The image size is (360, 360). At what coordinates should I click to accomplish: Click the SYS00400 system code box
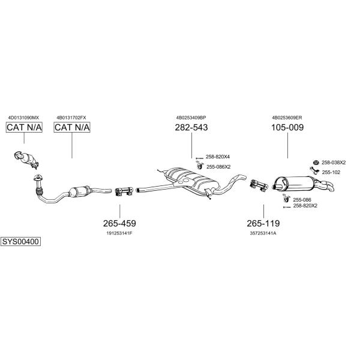pyautogui.click(x=20, y=242)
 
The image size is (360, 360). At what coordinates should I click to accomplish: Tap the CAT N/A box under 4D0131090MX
pyautogui.click(x=24, y=127)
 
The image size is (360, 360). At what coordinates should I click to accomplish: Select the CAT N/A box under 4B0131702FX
pyautogui.click(x=72, y=127)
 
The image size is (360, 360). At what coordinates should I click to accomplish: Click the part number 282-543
pyautogui.click(x=191, y=127)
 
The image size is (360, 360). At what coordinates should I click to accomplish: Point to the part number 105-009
pyautogui.click(x=287, y=127)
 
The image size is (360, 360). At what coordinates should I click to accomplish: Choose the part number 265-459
pyautogui.click(x=119, y=223)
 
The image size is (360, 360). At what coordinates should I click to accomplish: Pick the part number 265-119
pyautogui.click(x=263, y=223)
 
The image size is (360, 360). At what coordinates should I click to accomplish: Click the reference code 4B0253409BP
pyautogui.click(x=191, y=118)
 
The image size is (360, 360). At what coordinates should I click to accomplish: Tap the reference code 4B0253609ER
pyautogui.click(x=287, y=118)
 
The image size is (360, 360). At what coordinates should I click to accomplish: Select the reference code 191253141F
pyautogui.click(x=119, y=233)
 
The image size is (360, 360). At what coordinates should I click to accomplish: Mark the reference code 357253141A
pyautogui.click(x=263, y=233)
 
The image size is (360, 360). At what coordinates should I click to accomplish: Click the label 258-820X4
pyautogui.click(x=218, y=157)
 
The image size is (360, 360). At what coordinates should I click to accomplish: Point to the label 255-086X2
pyautogui.click(x=218, y=167)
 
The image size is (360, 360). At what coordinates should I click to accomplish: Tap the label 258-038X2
pyautogui.click(x=334, y=163)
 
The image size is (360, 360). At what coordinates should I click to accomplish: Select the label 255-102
pyautogui.click(x=331, y=172)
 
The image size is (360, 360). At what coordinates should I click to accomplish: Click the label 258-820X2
pyautogui.click(x=305, y=206)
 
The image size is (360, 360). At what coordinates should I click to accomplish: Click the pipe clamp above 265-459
pyautogui.click(x=124, y=192)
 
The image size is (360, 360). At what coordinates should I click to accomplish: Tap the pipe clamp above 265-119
pyautogui.click(x=259, y=185)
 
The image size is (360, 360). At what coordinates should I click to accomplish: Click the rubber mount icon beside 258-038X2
pyautogui.click(x=316, y=163)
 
